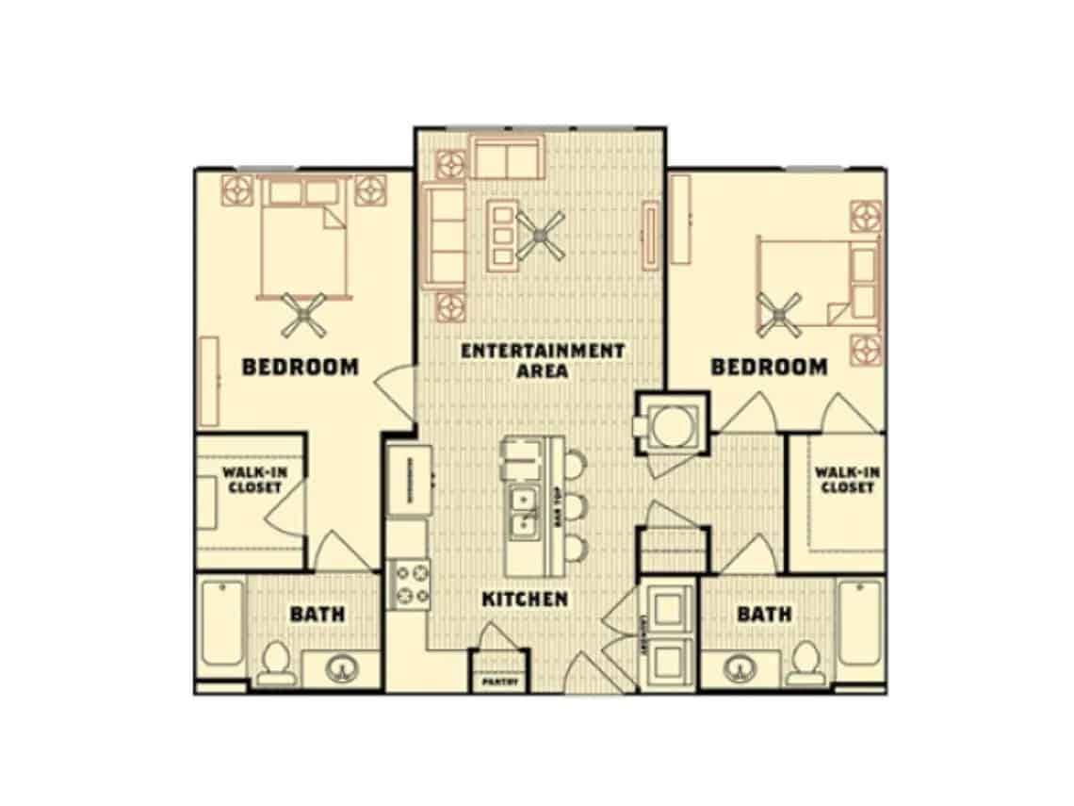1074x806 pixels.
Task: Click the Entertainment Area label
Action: [543, 360]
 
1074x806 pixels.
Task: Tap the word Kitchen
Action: [525, 599]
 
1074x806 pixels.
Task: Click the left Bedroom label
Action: [301, 367]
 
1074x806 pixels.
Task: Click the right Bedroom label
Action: [770, 367]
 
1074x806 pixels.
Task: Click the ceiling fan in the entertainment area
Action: [540, 237]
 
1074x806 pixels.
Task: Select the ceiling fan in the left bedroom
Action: [305, 315]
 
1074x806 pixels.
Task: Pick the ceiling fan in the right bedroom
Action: [781, 314]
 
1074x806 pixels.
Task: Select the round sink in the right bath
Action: [741, 669]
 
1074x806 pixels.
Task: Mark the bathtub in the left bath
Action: [223, 623]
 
